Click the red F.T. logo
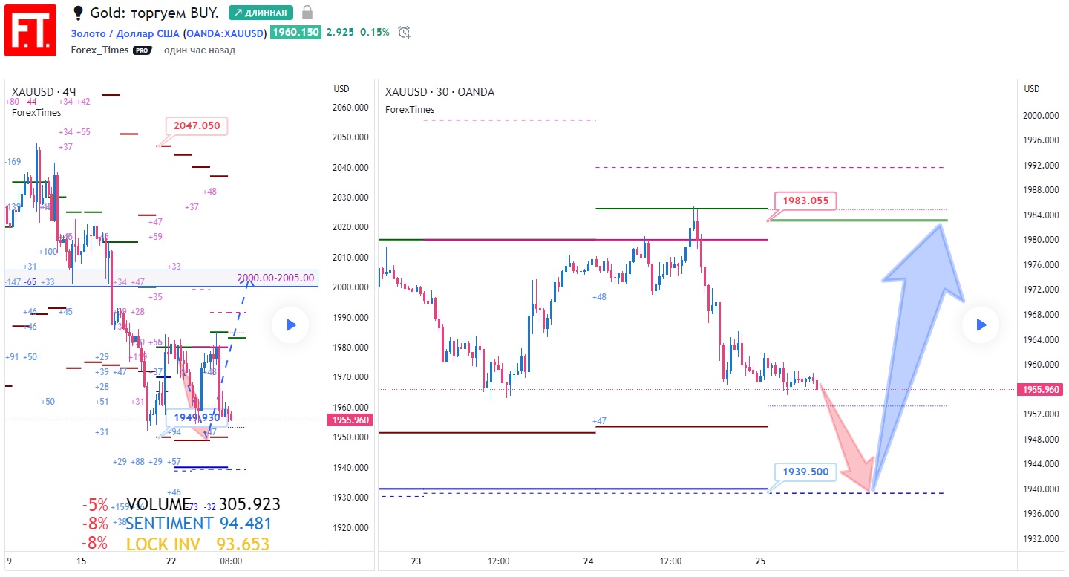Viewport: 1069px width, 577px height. (x=30, y=30)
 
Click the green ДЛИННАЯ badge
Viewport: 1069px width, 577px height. (x=261, y=13)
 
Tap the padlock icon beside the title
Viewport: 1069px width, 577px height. (x=307, y=13)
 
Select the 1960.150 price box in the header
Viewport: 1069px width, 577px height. (x=296, y=32)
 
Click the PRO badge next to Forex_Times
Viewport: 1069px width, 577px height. (x=142, y=50)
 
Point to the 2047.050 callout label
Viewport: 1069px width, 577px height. (x=197, y=126)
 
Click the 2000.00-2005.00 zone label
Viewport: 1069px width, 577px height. (x=276, y=278)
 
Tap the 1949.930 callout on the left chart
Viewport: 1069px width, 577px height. (x=197, y=417)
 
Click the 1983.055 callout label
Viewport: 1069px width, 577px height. (x=805, y=201)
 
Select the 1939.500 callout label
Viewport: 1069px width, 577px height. (x=805, y=472)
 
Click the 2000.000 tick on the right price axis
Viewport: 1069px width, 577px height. (x=1041, y=116)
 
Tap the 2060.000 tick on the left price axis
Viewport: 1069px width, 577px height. (x=350, y=108)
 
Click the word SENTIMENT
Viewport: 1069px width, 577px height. (x=169, y=524)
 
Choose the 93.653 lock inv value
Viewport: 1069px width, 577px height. (x=243, y=544)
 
